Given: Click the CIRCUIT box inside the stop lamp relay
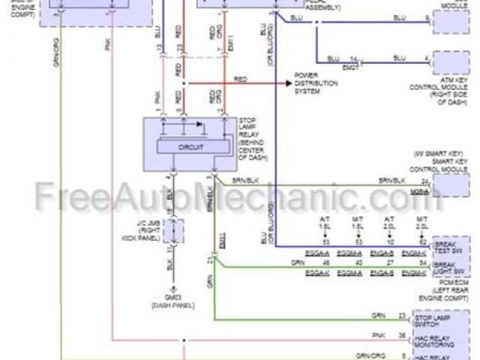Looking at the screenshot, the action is [x=191, y=147].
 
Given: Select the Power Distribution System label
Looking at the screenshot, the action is [x=314, y=84].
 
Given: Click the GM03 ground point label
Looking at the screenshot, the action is [x=173, y=298].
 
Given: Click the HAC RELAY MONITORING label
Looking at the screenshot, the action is [x=454, y=341].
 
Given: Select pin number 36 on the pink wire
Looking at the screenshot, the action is [x=423, y=335].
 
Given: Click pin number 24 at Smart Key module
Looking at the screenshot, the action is [x=425, y=181].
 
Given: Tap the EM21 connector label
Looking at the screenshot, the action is [x=350, y=67].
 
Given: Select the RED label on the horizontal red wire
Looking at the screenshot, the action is [x=240, y=79].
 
